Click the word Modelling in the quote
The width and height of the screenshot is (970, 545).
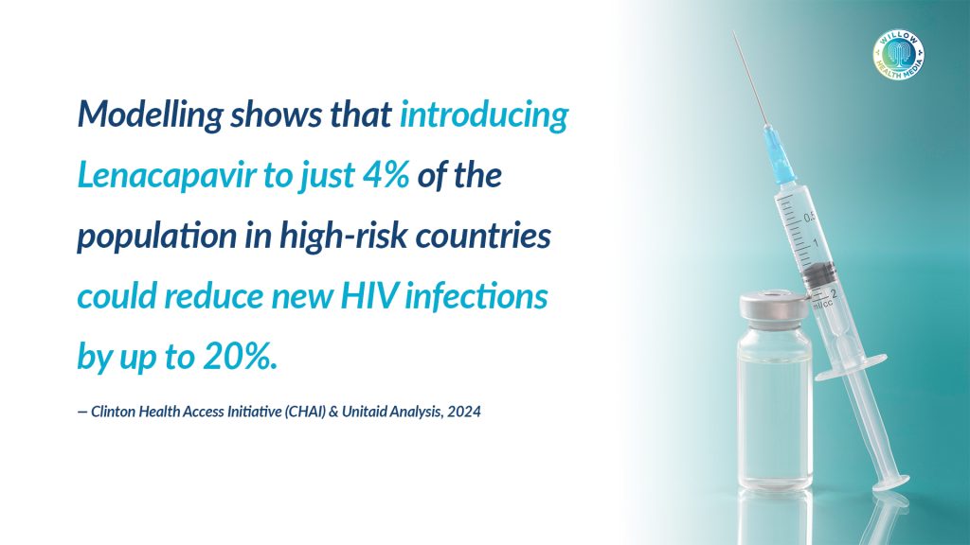150,115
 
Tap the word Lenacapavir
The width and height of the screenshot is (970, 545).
167,175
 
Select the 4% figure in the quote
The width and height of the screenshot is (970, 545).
386,175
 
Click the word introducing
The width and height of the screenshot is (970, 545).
484,115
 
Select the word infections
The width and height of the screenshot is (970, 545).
476,296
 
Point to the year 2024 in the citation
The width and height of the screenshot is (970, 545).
464,412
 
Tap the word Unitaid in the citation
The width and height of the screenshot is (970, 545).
365,412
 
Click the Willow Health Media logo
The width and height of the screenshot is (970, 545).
899,55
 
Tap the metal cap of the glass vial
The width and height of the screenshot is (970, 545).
774,308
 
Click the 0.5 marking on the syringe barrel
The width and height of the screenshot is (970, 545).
810,219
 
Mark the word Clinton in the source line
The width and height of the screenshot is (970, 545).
114,412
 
